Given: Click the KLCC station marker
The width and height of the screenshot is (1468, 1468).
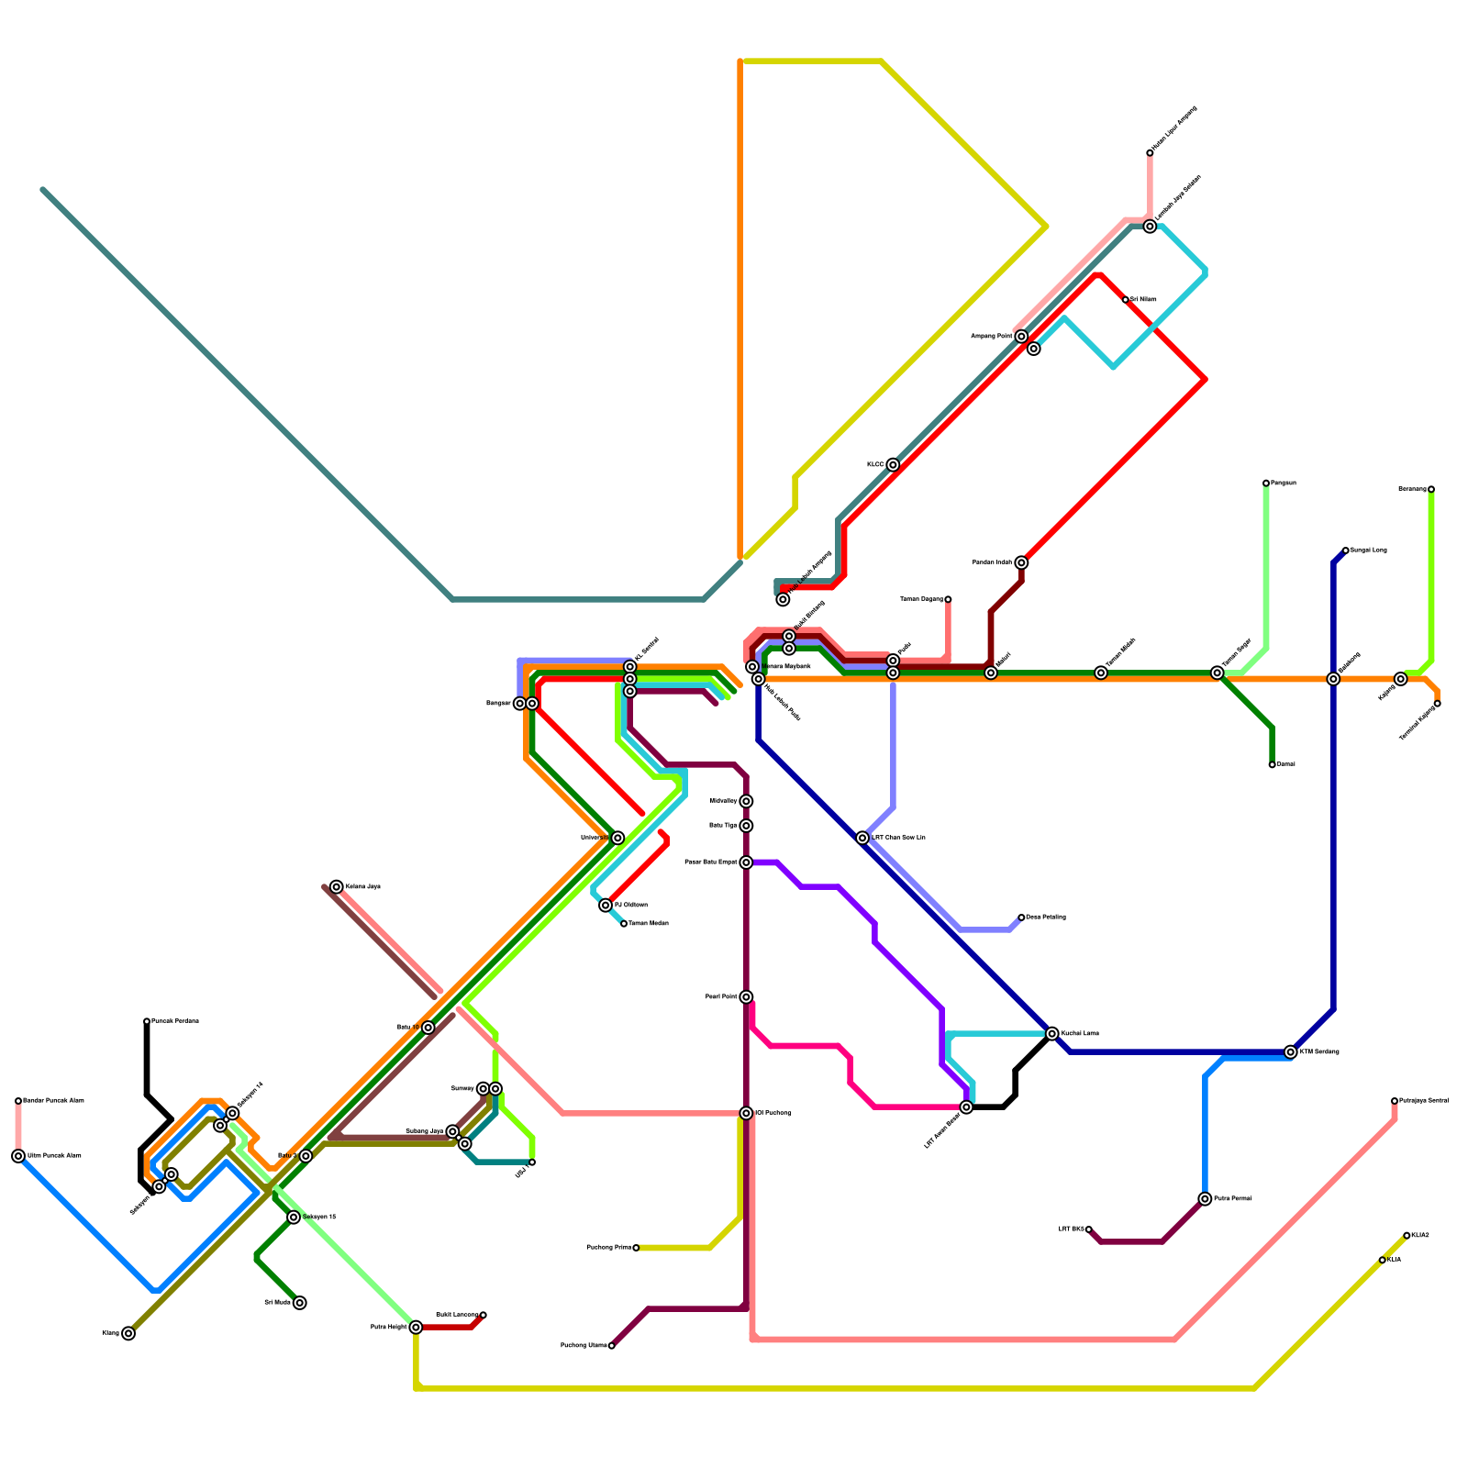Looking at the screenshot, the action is click(893, 465).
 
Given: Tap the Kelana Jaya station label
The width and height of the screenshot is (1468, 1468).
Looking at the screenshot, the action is click(362, 887).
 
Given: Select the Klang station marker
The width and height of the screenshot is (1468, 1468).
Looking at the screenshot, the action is click(128, 1333).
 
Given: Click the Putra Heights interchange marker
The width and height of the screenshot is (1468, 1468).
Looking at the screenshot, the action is click(416, 1327).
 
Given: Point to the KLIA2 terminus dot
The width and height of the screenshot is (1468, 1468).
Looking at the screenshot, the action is click(1407, 1236).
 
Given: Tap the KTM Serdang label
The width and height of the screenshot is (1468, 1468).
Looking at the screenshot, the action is click(1319, 1051).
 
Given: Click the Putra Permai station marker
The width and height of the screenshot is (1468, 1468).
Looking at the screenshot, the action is click(1205, 1199).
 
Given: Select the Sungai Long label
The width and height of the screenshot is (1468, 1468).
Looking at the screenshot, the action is click(1368, 550).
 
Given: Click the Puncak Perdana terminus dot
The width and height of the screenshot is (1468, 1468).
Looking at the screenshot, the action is click(147, 1021).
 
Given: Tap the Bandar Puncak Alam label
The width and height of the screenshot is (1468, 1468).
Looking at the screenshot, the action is click(53, 1100).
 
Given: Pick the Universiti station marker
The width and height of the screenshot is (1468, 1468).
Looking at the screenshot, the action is click(617, 838).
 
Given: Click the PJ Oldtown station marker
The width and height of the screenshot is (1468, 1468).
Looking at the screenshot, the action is click(606, 906).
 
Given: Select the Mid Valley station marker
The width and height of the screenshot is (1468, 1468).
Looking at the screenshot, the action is click(746, 802).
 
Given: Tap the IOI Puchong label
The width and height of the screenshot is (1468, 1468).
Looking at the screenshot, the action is click(773, 1113).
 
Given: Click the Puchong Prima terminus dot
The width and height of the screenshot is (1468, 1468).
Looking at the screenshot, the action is click(636, 1248).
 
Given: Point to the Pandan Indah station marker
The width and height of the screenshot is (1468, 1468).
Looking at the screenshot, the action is click(1021, 562).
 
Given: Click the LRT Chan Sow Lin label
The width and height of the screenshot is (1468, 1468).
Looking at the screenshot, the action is click(898, 838).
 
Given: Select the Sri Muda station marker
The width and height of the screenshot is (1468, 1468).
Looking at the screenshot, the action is click(299, 1303).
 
